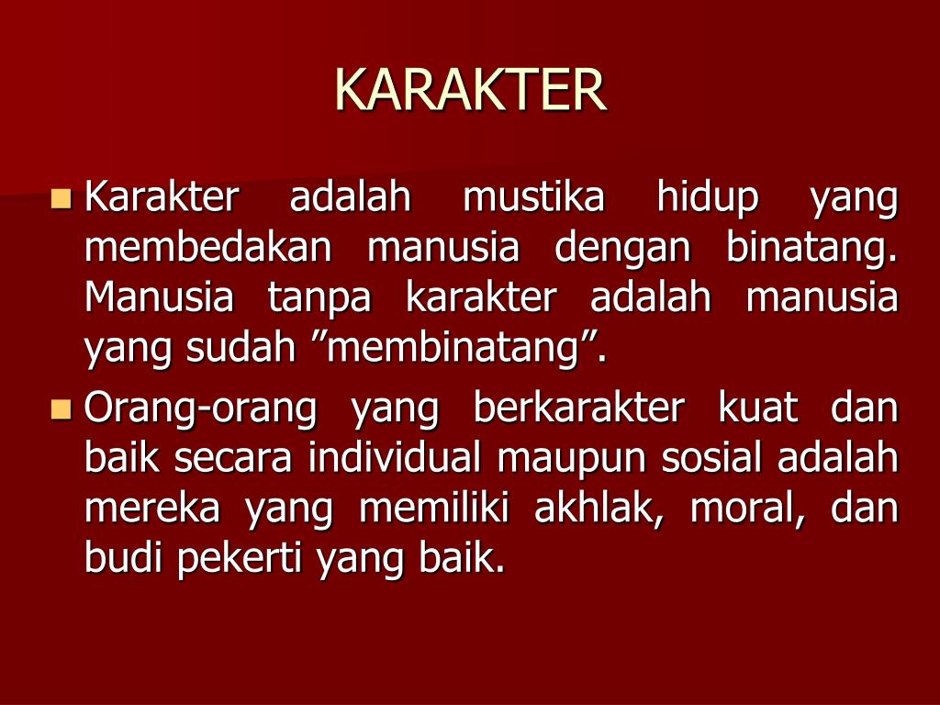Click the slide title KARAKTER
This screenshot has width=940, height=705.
point(470,89)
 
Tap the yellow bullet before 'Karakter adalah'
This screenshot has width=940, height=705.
point(62,197)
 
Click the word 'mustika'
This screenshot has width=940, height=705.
point(533,197)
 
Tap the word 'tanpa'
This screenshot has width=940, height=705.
point(319,299)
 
